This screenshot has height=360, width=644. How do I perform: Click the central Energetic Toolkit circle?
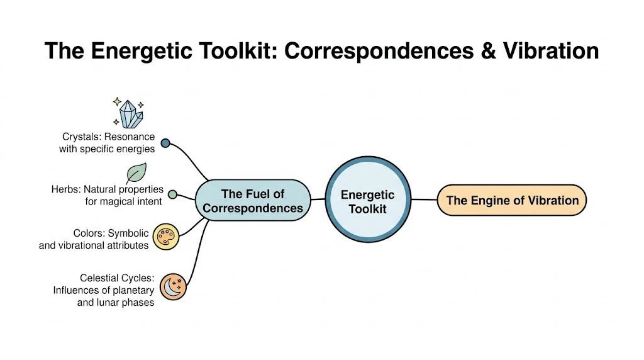pos(367,200)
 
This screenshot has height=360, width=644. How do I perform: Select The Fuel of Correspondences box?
pos(253,200)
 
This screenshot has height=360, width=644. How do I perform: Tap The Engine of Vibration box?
pos(512,200)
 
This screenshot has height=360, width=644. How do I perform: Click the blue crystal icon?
pos(130,113)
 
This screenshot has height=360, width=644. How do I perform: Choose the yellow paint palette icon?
pos(166,237)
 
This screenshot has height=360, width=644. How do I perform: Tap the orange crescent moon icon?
pos(173,286)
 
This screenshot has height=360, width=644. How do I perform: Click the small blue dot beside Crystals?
pos(165,143)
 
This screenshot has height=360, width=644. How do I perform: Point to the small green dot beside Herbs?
pos(172,194)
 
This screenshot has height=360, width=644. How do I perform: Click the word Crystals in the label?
pos(80,137)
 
